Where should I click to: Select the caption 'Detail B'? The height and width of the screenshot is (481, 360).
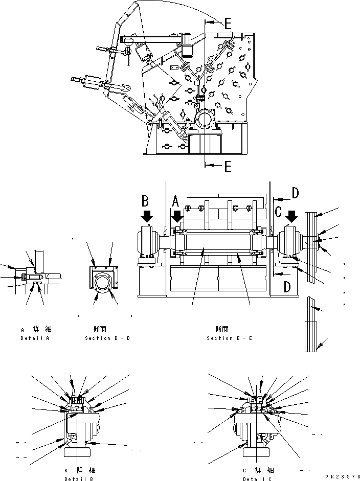click(78, 479)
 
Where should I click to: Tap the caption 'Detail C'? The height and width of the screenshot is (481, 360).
click(257, 479)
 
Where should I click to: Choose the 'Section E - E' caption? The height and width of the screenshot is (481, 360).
click(229, 338)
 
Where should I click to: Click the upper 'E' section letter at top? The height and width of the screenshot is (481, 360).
click(227, 22)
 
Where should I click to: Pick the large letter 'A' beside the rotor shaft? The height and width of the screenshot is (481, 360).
click(175, 201)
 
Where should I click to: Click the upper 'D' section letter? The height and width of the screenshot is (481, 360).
click(295, 193)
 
